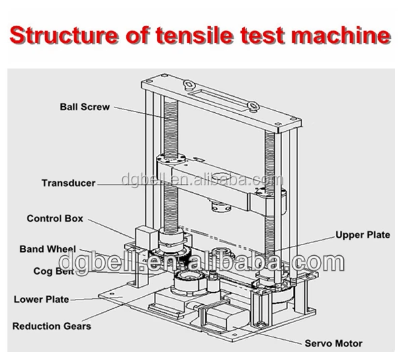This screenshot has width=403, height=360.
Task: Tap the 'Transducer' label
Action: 68,183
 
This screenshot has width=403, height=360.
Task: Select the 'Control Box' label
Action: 53,218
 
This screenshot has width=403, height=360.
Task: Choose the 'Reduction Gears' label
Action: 51,326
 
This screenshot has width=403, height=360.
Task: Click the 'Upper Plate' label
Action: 362,235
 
